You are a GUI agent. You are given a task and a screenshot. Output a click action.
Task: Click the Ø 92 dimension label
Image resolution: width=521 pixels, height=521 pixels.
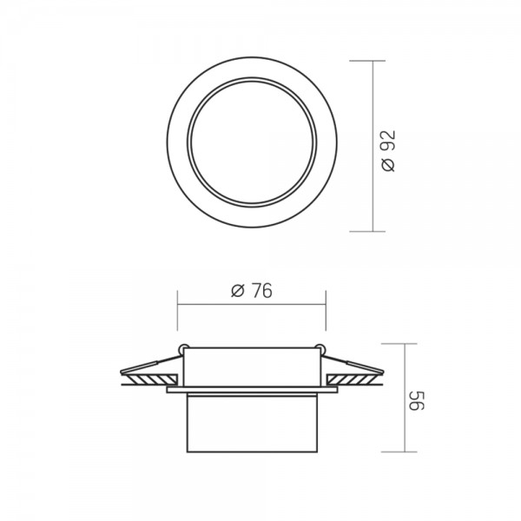(389, 151)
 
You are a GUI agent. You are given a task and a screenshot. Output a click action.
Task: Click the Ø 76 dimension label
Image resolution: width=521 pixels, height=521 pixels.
(252, 290)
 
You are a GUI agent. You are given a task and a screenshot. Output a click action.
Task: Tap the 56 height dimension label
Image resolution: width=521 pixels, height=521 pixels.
(416, 400)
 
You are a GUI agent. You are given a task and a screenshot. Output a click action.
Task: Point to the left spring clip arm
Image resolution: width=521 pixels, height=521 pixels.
(151, 364)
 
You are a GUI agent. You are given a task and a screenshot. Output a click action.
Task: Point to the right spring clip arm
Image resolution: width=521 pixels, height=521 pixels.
(353, 364)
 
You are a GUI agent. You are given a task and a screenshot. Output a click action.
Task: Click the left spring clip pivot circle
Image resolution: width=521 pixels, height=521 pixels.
(183, 349)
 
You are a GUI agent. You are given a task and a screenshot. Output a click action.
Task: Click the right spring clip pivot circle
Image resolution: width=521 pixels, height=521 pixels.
(320, 349)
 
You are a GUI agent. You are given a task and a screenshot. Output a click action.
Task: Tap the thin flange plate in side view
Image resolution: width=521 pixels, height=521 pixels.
(252, 390)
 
